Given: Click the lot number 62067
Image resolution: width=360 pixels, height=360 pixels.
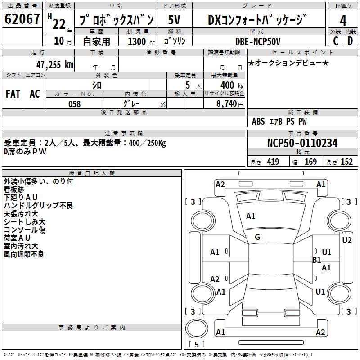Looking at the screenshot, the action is (22, 20).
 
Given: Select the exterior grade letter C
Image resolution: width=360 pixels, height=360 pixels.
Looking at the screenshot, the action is (336, 41).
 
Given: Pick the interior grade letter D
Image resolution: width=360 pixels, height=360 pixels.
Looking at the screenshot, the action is (350, 41).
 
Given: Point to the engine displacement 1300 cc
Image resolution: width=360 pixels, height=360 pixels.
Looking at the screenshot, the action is (139, 41).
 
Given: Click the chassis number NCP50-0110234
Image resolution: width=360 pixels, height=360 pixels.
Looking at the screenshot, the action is (302, 143).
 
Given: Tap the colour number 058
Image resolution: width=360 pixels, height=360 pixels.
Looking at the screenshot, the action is (74, 104).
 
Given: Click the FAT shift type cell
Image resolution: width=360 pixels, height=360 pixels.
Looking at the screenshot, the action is (13, 94).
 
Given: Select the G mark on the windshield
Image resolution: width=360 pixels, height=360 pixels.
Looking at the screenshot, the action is (257, 237).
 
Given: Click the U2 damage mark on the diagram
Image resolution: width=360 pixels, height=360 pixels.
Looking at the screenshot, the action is (346, 240).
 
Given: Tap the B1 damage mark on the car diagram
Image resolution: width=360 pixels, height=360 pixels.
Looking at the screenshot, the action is (316, 260).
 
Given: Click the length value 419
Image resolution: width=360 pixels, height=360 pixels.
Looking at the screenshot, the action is (273, 162).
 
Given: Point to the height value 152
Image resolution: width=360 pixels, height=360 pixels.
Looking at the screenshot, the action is (346, 162).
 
